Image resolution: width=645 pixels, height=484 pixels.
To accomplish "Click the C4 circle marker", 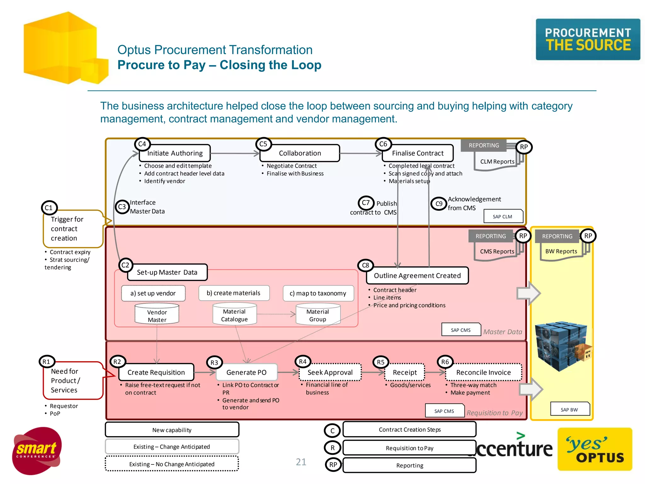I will click(142, 144).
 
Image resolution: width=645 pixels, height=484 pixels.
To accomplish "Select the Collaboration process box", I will click(300, 153).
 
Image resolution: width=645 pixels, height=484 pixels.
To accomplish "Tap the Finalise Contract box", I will click(418, 153).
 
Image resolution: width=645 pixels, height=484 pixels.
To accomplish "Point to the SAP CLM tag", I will click(503, 216).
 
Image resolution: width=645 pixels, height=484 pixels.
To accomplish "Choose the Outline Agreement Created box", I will click(417, 276).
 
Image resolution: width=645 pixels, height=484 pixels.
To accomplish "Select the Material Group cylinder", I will click(317, 315).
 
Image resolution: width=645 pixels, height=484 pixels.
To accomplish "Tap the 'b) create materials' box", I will click(234, 293).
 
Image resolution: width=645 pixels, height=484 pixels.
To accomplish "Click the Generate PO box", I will click(246, 372).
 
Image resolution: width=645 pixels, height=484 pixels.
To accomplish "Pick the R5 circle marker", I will click(380, 362).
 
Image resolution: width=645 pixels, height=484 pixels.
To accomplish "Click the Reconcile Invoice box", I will click(483, 372).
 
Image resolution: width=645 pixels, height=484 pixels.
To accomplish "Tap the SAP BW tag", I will click(569, 410).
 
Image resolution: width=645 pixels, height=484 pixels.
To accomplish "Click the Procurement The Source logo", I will click(588, 39).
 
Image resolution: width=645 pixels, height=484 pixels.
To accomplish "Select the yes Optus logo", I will click(595, 449).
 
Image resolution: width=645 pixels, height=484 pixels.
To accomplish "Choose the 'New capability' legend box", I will click(172, 430).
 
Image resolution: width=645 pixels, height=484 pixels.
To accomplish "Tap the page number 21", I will click(301, 462).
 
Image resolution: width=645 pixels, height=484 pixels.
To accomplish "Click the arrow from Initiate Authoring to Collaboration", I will click(235, 153).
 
